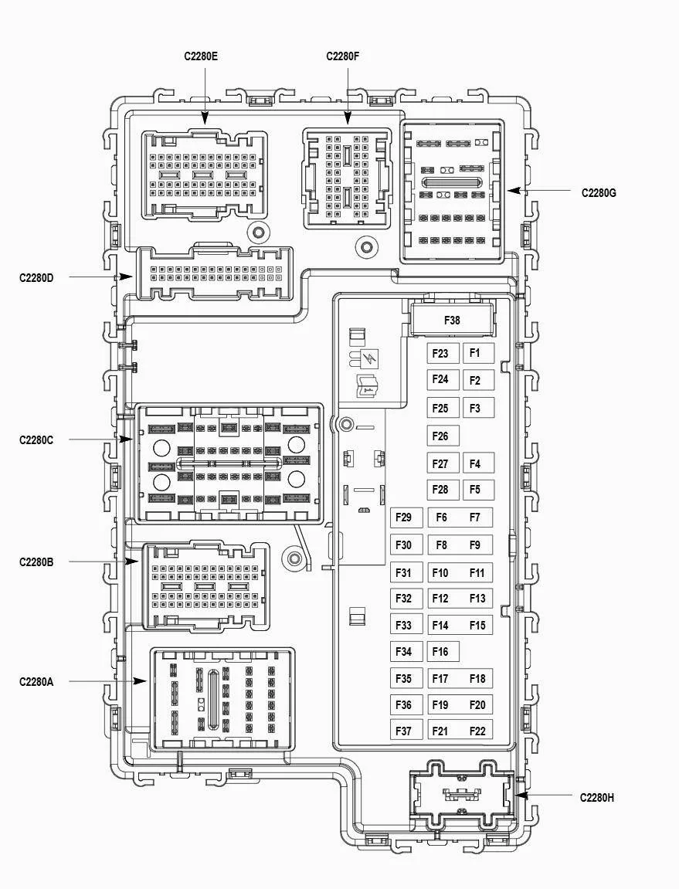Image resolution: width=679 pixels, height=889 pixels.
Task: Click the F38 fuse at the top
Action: [x=452, y=321]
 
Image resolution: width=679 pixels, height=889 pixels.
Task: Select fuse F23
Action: [x=443, y=353]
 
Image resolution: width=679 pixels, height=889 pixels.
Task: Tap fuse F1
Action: [x=478, y=353]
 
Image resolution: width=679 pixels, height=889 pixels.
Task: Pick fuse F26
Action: [x=443, y=436]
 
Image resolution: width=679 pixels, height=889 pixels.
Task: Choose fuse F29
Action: [x=406, y=517]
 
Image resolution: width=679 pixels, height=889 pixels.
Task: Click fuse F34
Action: [x=406, y=651]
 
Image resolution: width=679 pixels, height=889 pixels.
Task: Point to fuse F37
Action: [x=406, y=731]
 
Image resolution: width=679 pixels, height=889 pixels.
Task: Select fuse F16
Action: [x=443, y=651]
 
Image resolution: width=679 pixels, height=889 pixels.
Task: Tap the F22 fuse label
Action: [x=477, y=731]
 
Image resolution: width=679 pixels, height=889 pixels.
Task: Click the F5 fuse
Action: [x=478, y=490]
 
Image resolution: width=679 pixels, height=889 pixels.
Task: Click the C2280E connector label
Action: [x=201, y=56]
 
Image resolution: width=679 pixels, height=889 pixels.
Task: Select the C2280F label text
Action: [x=343, y=56]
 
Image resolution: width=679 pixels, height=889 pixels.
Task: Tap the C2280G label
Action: [x=599, y=193]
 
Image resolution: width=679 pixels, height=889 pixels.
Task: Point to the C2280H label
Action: [x=597, y=798]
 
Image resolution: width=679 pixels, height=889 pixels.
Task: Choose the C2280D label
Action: [x=36, y=278]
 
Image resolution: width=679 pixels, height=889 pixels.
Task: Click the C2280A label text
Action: [x=36, y=681]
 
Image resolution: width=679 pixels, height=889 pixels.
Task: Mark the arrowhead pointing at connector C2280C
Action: [x=126, y=439]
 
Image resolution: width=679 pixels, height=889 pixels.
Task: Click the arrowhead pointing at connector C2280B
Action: [x=131, y=562]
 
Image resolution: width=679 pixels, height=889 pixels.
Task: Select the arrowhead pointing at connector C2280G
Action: [x=514, y=191]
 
